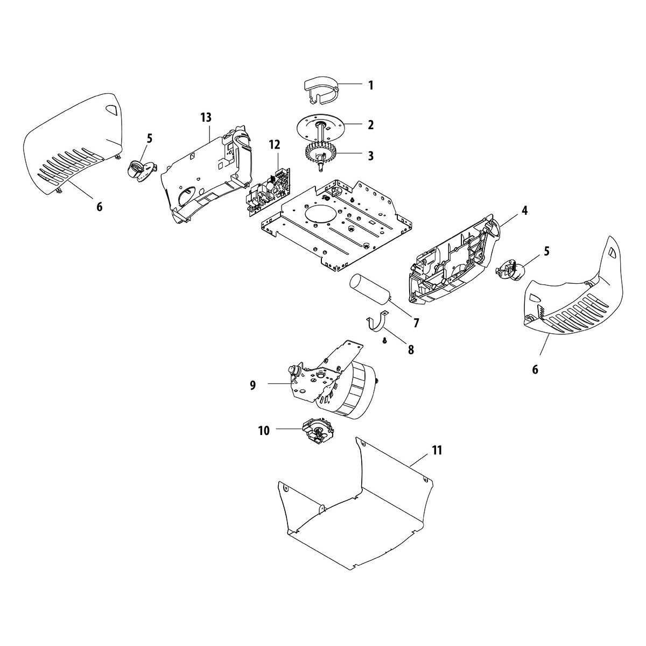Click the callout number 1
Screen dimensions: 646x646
[370, 85]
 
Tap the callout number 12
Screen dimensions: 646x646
[275, 145]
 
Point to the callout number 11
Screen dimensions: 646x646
[437, 450]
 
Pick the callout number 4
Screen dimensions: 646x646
[509, 211]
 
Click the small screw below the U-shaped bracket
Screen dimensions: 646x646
[385, 340]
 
